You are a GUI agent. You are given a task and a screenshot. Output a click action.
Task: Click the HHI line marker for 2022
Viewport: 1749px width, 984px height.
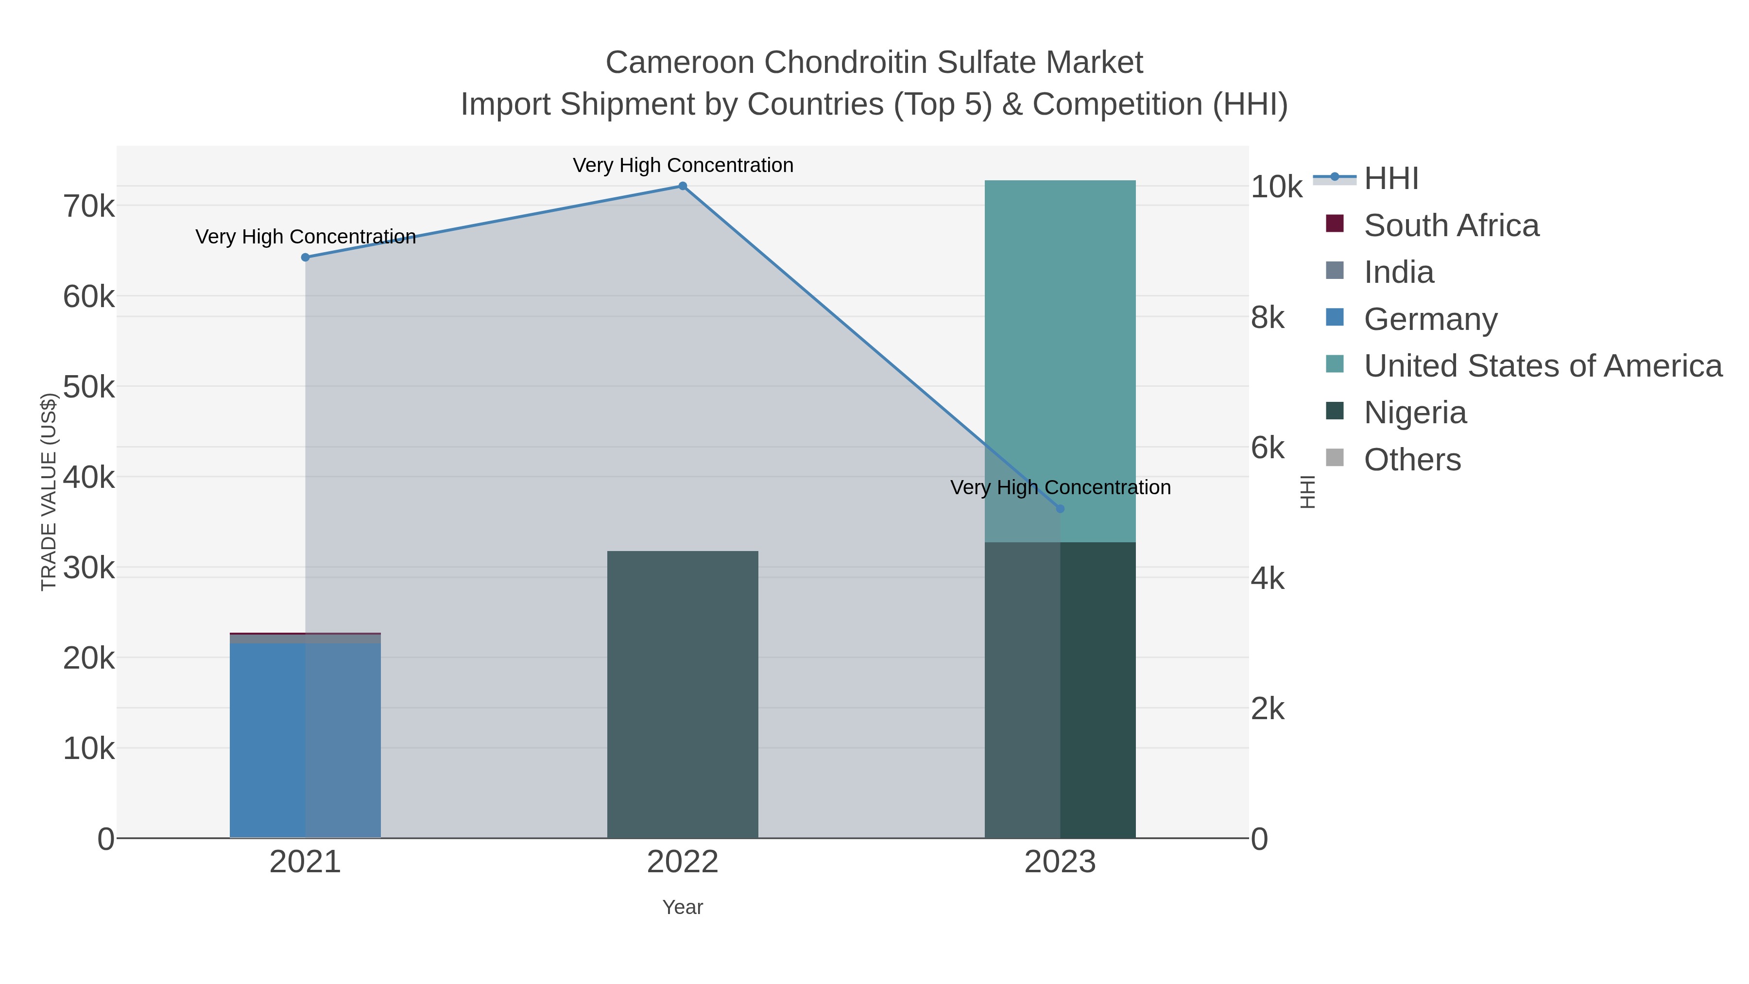[x=683, y=186]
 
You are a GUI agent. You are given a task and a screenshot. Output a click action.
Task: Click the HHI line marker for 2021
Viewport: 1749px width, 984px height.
[x=306, y=258]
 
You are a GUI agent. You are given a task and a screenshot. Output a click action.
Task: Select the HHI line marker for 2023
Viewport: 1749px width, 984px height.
[x=1060, y=509]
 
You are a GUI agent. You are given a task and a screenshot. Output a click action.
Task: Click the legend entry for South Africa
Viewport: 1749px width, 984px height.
[x=1451, y=225]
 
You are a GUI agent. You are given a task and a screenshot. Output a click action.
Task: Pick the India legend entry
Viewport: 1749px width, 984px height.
[x=1399, y=272]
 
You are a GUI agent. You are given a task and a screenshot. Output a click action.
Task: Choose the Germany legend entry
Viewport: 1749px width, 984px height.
[x=1430, y=319]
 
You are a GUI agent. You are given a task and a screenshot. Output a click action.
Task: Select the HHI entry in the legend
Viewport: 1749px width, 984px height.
[x=1390, y=179]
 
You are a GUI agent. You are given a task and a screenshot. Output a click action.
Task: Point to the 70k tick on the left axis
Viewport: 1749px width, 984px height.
[x=89, y=206]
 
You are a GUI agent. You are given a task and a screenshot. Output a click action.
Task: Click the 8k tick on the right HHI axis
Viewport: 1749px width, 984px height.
[x=1268, y=318]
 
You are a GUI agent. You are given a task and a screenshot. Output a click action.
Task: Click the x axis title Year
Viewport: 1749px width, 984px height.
[x=683, y=907]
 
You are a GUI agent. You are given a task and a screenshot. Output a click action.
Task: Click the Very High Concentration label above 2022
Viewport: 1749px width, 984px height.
[x=683, y=166]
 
